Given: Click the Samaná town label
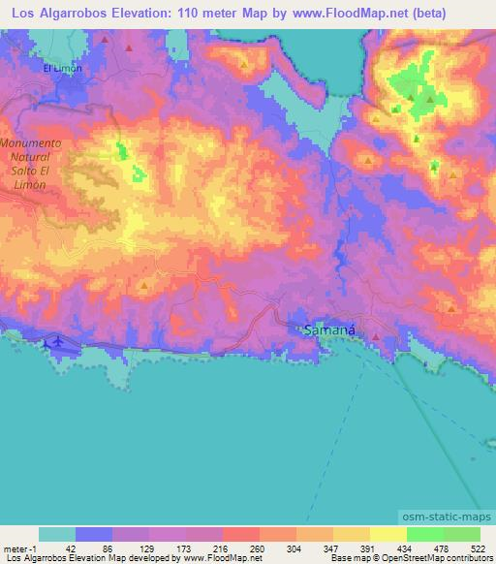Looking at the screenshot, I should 330,330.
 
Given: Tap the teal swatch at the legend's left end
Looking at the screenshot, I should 57,535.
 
